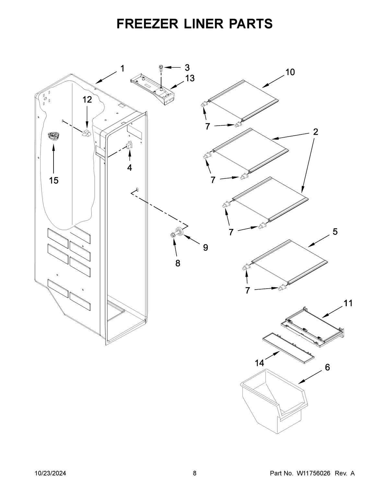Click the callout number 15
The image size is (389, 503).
[54, 180]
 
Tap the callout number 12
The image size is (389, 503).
[87, 100]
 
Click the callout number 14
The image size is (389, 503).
[259, 363]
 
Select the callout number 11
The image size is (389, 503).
[348, 303]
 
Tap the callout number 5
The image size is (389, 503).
[335, 232]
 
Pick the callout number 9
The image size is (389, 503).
[206, 247]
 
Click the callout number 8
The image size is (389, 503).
[178, 263]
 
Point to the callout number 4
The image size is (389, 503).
[129, 168]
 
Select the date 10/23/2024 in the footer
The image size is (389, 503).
[50, 474]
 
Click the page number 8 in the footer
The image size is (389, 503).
[194, 474]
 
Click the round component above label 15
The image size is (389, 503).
[53, 136]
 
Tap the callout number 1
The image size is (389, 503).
[122, 69]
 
